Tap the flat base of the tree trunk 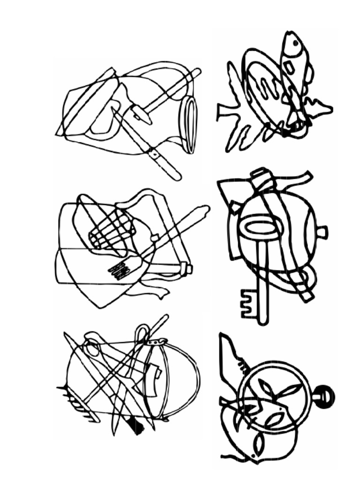point(219,112)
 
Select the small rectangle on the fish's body point(289,68)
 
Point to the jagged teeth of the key point(247,303)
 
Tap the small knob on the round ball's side point(322,232)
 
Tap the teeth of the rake point(75,403)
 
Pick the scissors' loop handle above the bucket point(141,334)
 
